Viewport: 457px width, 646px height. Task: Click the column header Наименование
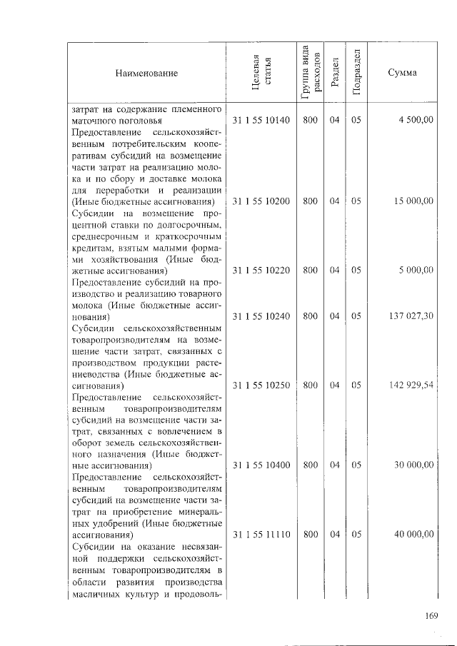click(145, 74)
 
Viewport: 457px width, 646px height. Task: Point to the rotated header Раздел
click(334, 74)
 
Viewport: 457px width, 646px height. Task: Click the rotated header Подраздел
click(356, 74)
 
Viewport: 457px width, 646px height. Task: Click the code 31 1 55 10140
click(261, 121)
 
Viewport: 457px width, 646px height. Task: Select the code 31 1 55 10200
click(261, 201)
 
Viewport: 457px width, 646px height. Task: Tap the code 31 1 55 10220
click(261, 271)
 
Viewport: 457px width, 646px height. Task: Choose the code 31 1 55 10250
click(261, 385)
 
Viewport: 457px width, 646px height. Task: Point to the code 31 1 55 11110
click(261, 535)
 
